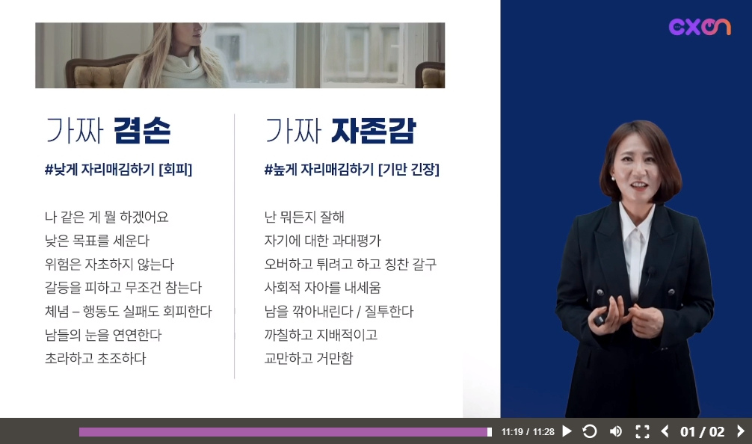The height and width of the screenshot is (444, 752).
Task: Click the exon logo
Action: [x=700, y=27]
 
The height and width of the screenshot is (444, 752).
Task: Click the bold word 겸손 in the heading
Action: [x=142, y=130]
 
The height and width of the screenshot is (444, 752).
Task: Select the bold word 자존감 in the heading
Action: [x=373, y=130]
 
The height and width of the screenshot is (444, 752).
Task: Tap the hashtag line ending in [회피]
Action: [x=118, y=169]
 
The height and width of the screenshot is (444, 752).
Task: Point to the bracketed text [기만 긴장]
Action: [x=409, y=169]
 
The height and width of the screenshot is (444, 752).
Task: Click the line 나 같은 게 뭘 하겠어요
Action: [x=106, y=218]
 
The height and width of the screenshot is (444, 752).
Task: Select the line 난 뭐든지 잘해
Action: [x=304, y=218]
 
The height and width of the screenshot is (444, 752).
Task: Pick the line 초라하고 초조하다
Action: [x=96, y=358]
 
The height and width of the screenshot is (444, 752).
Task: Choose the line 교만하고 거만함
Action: [x=309, y=358]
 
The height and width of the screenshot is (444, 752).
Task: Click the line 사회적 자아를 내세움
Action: [x=322, y=288]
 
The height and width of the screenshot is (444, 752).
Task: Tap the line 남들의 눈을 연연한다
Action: [x=103, y=335]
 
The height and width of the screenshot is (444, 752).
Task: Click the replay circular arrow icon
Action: [x=590, y=431]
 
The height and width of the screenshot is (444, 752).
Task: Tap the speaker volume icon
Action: [x=616, y=431]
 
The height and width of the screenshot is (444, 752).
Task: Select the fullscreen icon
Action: [x=642, y=431]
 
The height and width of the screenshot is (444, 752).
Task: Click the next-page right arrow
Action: [x=741, y=431]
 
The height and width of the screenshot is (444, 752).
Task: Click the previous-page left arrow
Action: [x=665, y=431]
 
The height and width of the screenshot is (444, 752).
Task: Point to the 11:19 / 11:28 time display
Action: [x=528, y=432]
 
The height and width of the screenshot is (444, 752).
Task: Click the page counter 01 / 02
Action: [x=703, y=432]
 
